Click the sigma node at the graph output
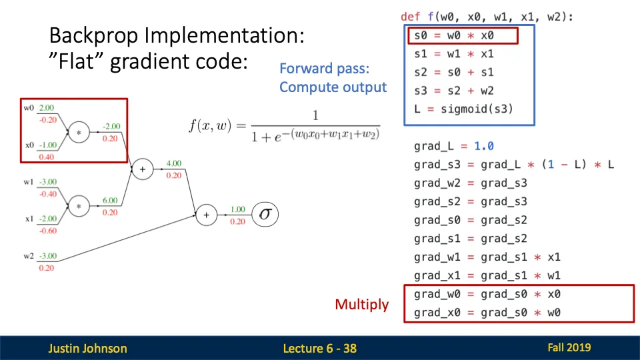(x=266, y=215)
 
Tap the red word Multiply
(x=361, y=305)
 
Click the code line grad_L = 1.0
(x=453, y=145)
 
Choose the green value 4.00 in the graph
(x=173, y=163)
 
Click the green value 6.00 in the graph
(x=110, y=201)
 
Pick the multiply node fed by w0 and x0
(x=79, y=132)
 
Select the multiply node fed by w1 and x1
(x=79, y=207)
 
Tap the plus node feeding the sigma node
(x=206, y=215)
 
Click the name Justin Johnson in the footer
(x=87, y=348)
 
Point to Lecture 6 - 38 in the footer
(x=319, y=348)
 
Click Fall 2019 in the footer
(x=569, y=347)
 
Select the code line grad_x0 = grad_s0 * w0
(x=487, y=312)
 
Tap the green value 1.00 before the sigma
(x=237, y=209)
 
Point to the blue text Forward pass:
(x=324, y=69)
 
